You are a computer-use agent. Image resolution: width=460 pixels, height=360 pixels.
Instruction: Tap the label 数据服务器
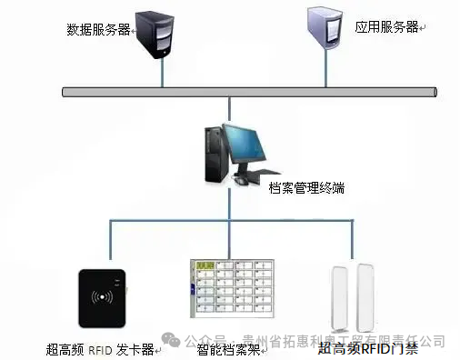pos(98,30)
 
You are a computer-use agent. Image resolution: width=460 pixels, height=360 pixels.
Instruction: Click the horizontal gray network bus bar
pos(245,92)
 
